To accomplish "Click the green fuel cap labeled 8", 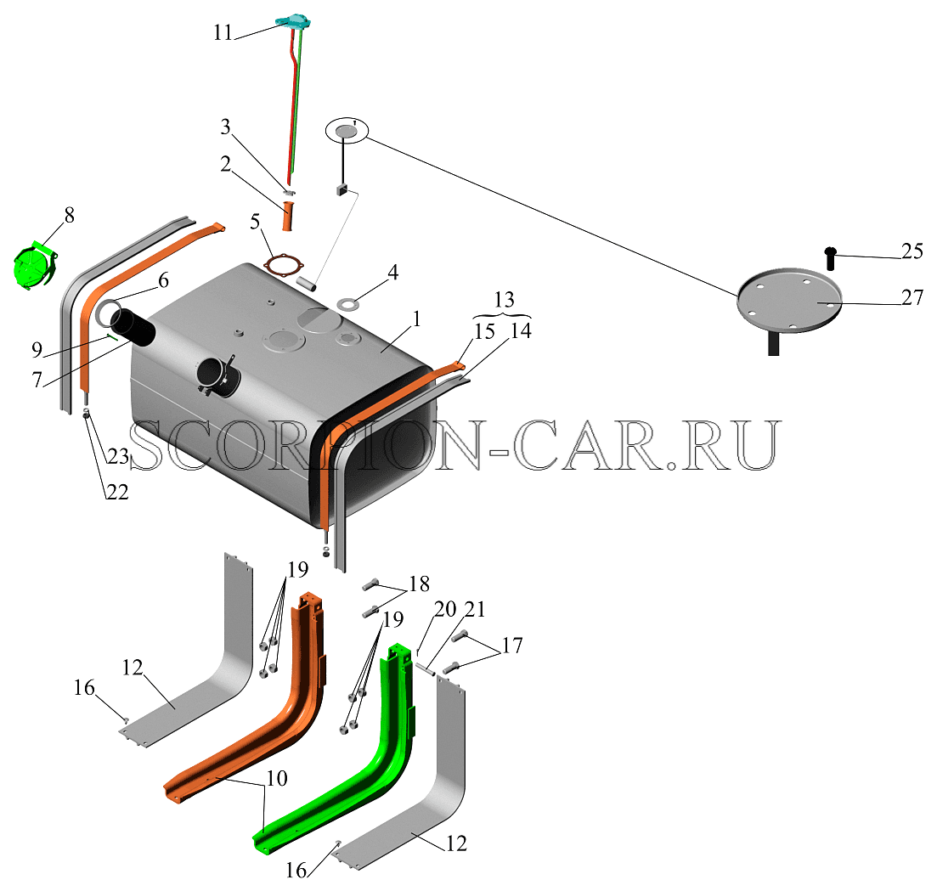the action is [x=35, y=265].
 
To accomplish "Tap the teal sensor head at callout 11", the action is [x=292, y=21].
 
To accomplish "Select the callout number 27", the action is [x=912, y=297].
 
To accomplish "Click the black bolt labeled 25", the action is [x=830, y=258].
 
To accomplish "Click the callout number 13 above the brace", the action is [x=504, y=299].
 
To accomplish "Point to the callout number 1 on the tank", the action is [x=416, y=319].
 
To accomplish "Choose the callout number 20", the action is [x=445, y=610].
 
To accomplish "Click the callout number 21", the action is [x=475, y=609].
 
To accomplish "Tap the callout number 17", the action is [x=512, y=645].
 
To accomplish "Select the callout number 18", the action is [x=420, y=584].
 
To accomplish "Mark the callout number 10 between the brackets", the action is [x=277, y=778].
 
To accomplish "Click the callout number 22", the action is [x=117, y=492].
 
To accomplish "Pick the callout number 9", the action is [x=37, y=349].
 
